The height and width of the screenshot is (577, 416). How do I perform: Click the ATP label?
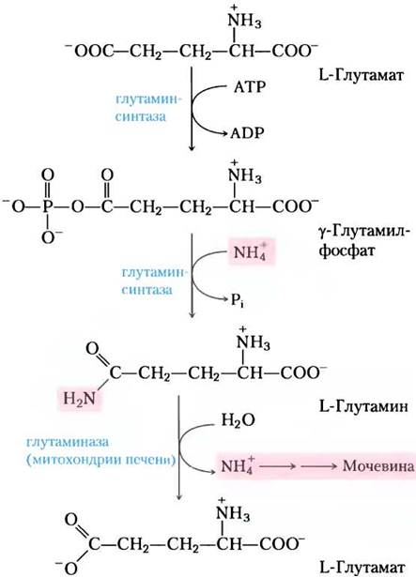[x=250, y=87]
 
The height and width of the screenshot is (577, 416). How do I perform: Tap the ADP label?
[x=248, y=133]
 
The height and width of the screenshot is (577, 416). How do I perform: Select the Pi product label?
[x=238, y=301]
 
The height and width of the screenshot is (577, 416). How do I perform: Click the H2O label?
[x=238, y=420]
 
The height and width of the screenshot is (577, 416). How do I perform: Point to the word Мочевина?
[x=378, y=466]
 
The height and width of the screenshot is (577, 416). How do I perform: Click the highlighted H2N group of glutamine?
[x=79, y=398]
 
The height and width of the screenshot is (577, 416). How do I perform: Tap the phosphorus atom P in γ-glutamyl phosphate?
[x=47, y=206]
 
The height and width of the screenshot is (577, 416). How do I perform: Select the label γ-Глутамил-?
[x=362, y=232]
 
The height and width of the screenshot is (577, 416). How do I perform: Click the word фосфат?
[x=347, y=251]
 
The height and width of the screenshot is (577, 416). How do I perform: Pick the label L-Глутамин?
[x=363, y=407]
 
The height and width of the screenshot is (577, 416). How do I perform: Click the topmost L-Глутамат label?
[x=362, y=75]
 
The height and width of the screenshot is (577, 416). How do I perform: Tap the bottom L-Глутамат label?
[x=362, y=567]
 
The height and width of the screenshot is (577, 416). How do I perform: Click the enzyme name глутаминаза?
[x=68, y=442]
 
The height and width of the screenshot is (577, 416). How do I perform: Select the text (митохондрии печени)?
[x=100, y=460]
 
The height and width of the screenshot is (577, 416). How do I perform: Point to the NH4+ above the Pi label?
[x=251, y=252]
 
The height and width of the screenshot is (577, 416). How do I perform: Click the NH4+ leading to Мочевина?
[x=238, y=465]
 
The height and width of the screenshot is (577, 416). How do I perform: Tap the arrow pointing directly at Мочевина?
[x=319, y=466]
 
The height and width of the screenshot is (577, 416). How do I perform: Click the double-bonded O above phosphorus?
[x=48, y=175]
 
